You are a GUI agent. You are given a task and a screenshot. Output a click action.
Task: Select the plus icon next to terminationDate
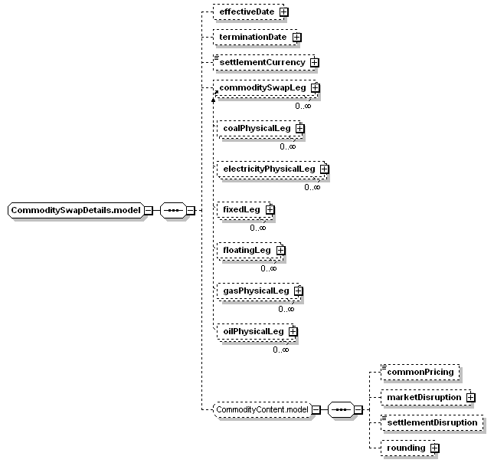click(296, 38)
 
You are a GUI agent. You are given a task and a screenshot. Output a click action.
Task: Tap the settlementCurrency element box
click(264, 62)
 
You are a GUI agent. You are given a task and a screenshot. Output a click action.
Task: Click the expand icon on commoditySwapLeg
click(315, 87)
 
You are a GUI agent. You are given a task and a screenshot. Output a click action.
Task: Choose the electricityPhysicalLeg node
click(272, 169)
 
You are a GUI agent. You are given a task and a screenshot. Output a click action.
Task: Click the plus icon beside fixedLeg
click(270, 210)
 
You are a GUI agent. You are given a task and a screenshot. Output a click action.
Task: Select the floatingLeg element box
click(250, 251)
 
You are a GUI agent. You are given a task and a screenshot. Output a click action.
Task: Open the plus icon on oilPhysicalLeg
click(293, 332)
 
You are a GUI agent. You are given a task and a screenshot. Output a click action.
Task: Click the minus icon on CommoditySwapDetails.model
click(149, 210)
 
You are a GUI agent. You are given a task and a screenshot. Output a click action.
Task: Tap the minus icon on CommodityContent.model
click(316, 409)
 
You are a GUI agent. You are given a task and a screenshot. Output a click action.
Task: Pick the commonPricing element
click(420, 373)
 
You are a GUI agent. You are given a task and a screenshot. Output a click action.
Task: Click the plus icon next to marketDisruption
click(471, 397)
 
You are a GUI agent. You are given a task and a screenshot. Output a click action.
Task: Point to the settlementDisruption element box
click(432, 422)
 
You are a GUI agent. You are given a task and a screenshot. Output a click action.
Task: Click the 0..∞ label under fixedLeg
click(258, 228)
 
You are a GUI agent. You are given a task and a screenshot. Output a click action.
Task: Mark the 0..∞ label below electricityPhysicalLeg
click(312, 187)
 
